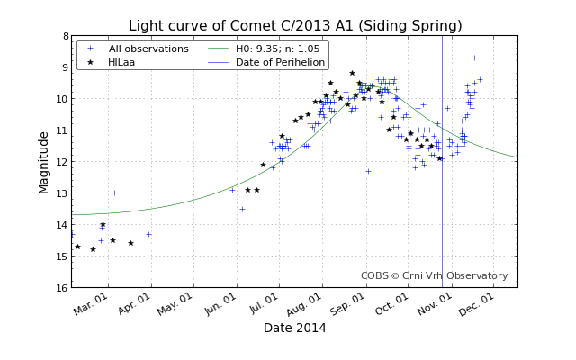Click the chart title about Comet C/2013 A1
pyautogui.click(x=294, y=26)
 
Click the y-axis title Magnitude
pyautogui.click(x=44, y=162)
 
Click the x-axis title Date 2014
pyautogui.click(x=294, y=328)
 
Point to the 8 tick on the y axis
pyautogui.click(x=65, y=36)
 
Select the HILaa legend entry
pyautogui.click(x=121, y=62)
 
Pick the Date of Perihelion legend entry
pyautogui.click(x=280, y=62)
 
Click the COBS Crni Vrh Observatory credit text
pyautogui.click(x=434, y=276)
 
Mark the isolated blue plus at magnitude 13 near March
pyautogui.click(x=114, y=193)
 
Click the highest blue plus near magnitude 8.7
pyautogui.click(x=474, y=58)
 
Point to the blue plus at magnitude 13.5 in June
pyautogui.click(x=242, y=209)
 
